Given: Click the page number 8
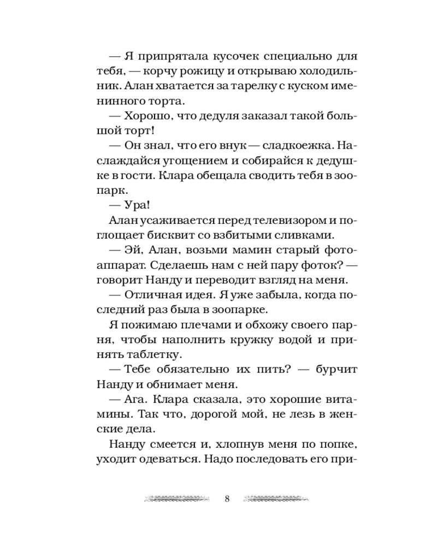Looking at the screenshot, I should click(227, 498).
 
